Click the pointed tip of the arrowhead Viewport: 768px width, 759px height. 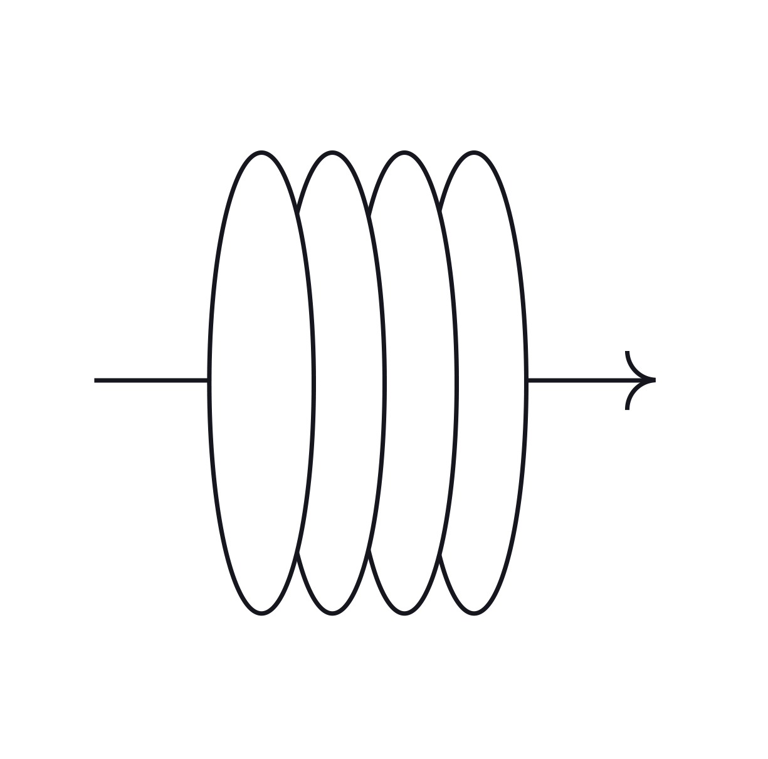pyautogui.click(x=655, y=380)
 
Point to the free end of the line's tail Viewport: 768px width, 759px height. pyautogui.click(x=95, y=380)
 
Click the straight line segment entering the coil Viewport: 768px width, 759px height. pyautogui.click(x=151, y=380)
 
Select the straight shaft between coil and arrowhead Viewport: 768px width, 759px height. pyautogui.click(x=577, y=380)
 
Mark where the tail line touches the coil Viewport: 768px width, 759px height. pyautogui.click(x=209, y=380)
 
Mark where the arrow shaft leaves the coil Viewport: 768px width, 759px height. pyautogui.click(x=527, y=380)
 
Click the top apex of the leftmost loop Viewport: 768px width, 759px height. pyautogui.click(x=261, y=152)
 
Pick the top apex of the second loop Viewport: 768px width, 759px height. pyautogui.click(x=332, y=152)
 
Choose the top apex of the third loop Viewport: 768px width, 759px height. pyautogui.click(x=404, y=152)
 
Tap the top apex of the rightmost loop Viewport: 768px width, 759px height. pyautogui.click(x=474, y=152)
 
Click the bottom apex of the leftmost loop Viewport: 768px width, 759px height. pyautogui.click(x=261, y=612)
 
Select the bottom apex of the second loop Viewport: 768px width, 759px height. pyautogui.click(x=332, y=612)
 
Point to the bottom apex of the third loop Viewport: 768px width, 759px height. pyautogui.click(x=404, y=612)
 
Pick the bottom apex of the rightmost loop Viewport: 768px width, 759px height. pyautogui.click(x=474, y=612)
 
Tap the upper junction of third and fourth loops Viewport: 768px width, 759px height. pyautogui.click(x=441, y=211)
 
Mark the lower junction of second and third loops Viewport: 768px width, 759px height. pyautogui.click(x=370, y=550)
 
